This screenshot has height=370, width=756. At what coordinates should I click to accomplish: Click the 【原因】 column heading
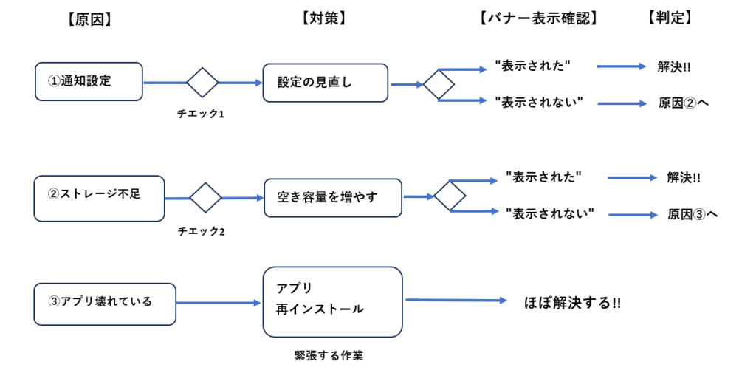(90, 18)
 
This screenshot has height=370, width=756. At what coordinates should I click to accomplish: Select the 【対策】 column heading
(323, 18)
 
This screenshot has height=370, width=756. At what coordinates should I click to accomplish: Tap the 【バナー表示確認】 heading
(538, 18)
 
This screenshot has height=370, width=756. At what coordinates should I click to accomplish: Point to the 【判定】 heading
(670, 18)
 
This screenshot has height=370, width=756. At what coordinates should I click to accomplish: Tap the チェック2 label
(202, 232)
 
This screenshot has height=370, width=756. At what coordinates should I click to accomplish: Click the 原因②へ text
(683, 103)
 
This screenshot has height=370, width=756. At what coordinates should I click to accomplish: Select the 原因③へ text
(693, 214)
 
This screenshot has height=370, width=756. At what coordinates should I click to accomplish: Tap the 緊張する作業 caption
(329, 356)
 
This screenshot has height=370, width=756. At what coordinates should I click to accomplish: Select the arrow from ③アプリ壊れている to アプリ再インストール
(219, 303)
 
